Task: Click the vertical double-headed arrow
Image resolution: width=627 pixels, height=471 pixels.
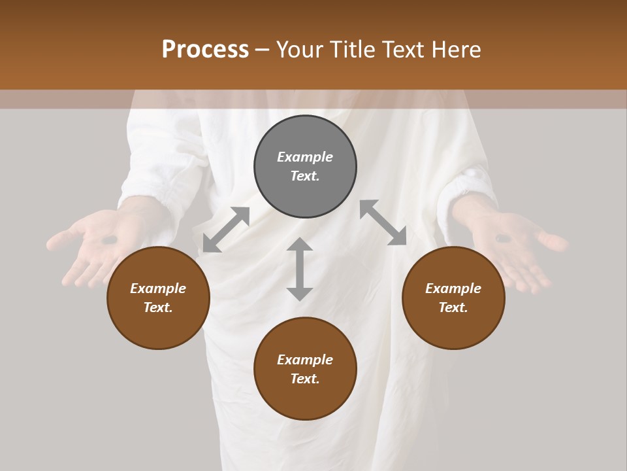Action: (x=300, y=269)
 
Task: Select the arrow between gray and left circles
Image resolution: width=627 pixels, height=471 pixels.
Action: (x=226, y=230)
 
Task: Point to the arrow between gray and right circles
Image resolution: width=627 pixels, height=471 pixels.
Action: (x=383, y=223)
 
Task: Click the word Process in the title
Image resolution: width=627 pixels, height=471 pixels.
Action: (x=205, y=50)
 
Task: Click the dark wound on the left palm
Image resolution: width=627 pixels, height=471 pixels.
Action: (x=110, y=240)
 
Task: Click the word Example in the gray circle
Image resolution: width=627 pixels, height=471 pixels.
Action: (x=305, y=157)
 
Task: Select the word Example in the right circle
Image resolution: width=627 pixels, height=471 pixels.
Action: (x=453, y=288)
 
